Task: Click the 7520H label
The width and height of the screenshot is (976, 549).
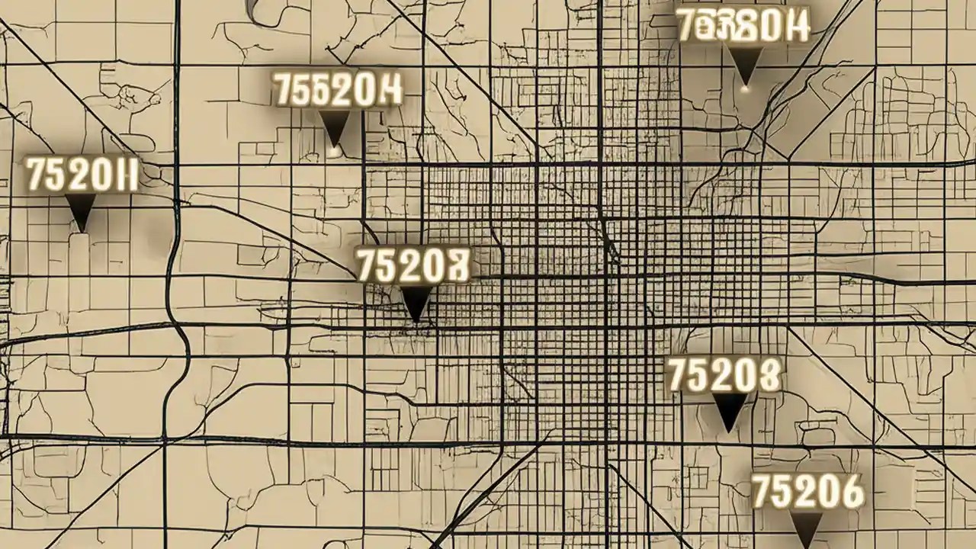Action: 82,175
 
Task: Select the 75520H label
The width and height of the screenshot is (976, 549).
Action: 337,90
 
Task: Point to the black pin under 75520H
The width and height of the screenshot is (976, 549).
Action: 334,125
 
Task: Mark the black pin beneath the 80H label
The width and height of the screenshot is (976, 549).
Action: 745,63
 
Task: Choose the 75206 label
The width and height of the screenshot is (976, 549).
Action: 807,492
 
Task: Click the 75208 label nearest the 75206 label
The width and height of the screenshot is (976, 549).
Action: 724,376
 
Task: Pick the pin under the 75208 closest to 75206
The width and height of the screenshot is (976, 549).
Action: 730,410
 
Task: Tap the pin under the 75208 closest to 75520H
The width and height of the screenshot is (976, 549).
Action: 416,303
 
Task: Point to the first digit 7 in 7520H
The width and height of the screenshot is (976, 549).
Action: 36,175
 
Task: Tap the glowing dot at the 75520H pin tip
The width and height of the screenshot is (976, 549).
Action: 334,151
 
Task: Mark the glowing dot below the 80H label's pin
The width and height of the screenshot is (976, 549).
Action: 746,89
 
